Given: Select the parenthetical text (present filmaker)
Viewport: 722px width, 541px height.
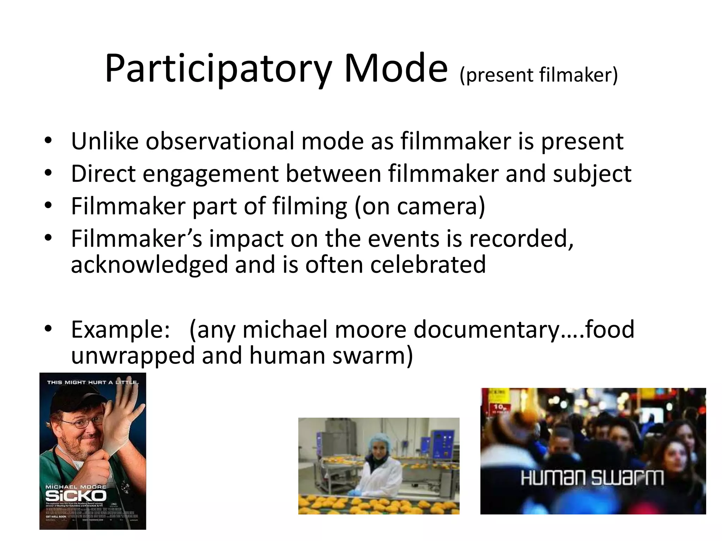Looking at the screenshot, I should pos(539,75).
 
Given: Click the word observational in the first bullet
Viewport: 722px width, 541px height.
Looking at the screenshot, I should pos(220,141).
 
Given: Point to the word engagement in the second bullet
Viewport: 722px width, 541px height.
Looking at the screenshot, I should pos(210,174).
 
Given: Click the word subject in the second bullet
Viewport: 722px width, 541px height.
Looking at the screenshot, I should pos(592,174).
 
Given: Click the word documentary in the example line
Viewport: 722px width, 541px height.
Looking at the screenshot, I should pos(487,329).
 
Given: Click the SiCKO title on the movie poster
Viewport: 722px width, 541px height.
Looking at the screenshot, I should pos(76,496).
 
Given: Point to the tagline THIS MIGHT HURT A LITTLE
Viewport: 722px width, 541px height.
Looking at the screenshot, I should pos(92,382).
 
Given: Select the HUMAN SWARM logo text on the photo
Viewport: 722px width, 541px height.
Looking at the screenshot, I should pos(592,478).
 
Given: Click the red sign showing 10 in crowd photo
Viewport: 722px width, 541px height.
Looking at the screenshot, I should pos(498,409).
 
